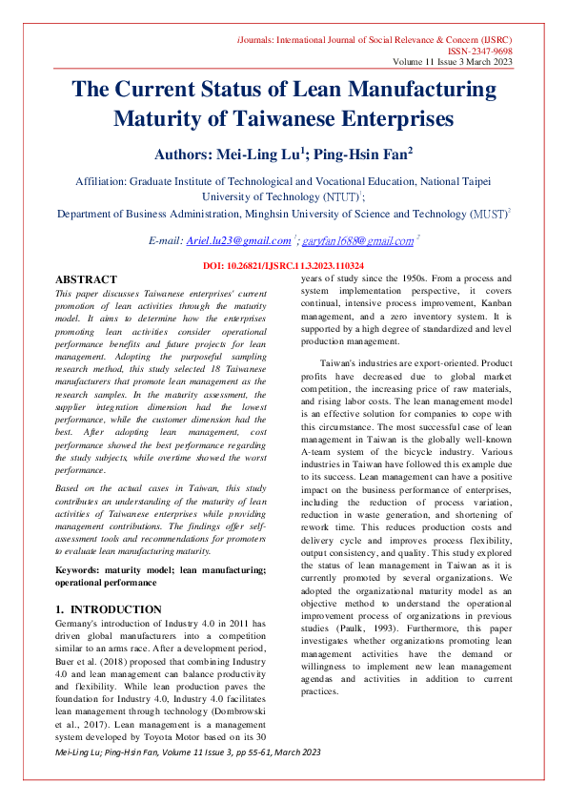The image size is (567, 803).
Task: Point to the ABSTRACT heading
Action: [86, 278]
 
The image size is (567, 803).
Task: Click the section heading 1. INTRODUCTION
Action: [108, 609]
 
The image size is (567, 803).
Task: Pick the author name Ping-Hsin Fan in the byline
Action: [362, 153]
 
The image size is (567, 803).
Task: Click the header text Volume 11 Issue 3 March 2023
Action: [453, 62]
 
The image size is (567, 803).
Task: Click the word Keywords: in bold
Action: [81, 569]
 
